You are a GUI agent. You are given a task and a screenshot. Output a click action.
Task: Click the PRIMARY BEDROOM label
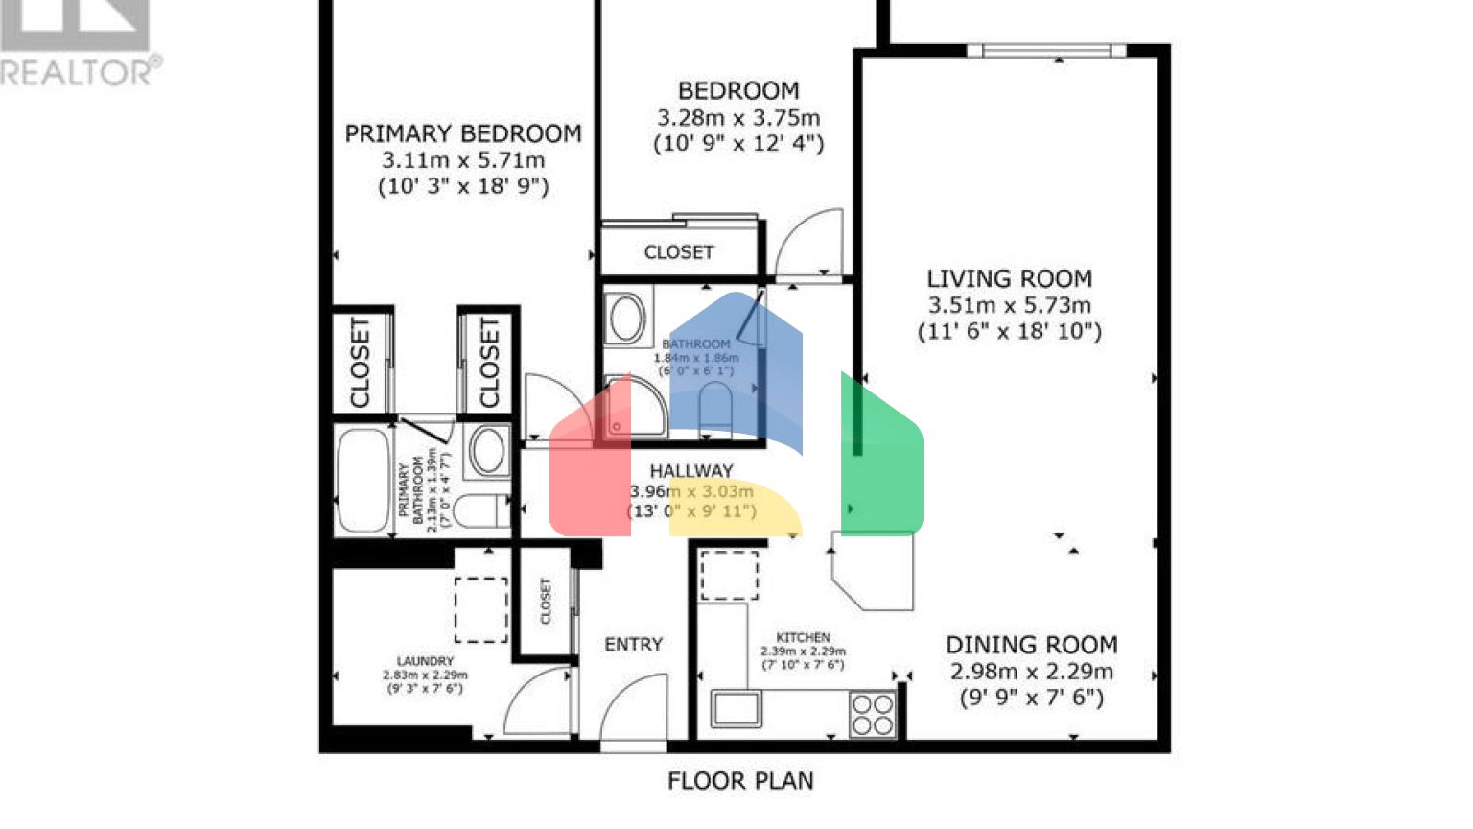click(463, 133)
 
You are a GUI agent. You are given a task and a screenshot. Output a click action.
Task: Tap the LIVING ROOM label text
click(1009, 279)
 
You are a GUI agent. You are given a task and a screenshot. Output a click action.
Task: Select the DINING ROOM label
click(1031, 645)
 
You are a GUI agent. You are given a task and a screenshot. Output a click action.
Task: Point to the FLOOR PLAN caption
click(740, 781)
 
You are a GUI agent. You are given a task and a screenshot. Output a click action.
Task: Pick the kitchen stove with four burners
click(873, 715)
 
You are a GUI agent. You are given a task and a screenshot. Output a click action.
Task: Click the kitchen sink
click(736, 709)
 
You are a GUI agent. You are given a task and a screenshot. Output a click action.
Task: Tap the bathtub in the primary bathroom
click(362, 480)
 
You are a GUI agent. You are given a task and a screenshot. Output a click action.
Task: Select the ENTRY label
click(633, 645)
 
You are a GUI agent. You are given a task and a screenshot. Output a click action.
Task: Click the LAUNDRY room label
click(425, 661)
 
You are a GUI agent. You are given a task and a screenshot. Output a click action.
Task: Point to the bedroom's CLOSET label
click(679, 252)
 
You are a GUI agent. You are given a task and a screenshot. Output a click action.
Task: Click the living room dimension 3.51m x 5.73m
click(1009, 305)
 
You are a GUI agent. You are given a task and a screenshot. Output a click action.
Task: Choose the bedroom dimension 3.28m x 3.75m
click(738, 118)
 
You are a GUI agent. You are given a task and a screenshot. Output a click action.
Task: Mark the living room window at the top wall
click(1046, 51)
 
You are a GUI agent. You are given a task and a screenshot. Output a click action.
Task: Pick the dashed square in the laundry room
click(480, 609)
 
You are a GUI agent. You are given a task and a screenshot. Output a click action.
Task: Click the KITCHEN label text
click(803, 637)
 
